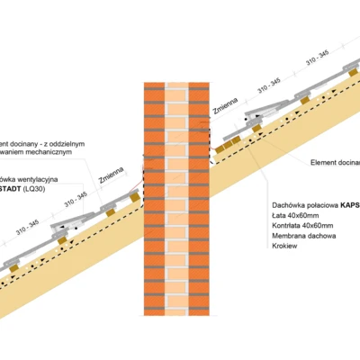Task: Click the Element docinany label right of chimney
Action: click(x=334, y=162)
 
